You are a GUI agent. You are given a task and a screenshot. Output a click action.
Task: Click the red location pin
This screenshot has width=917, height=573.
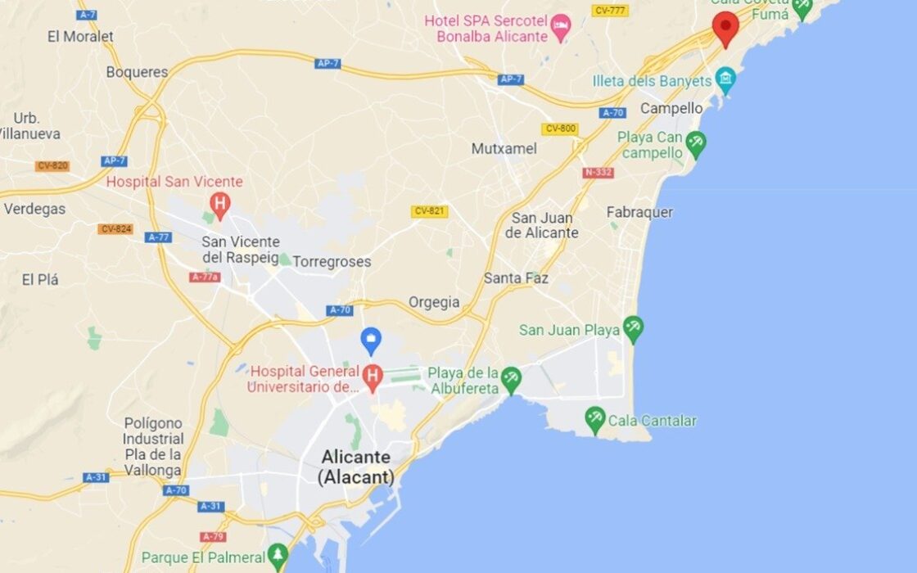(725, 26)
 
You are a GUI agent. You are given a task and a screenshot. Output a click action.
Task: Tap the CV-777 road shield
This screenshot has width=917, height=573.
(609, 11)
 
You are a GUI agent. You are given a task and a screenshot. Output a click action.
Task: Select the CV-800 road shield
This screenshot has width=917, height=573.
(559, 129)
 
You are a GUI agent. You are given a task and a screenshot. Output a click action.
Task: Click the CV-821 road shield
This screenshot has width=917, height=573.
(429, 211)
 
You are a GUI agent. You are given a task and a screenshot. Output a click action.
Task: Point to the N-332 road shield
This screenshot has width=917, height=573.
(598, 173)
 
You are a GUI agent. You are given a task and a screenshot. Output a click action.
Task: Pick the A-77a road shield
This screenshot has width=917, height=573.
(205, 277)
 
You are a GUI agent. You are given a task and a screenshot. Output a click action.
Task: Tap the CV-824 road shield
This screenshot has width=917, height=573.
(115, 229)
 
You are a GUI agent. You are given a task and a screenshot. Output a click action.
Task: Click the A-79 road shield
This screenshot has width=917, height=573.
(213, 537)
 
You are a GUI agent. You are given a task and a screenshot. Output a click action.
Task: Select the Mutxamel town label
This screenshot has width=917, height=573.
(504, 149)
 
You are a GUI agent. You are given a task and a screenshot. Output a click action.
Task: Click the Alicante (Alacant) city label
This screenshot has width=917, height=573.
(356, 467)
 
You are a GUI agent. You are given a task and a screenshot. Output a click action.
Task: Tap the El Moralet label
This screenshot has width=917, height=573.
(80, 37)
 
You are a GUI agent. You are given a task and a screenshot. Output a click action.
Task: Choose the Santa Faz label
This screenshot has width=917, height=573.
(516, 278)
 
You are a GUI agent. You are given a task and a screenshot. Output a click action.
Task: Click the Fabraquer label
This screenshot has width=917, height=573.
(639, 213)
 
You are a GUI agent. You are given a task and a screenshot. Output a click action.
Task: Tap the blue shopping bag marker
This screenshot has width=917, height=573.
(371, 339)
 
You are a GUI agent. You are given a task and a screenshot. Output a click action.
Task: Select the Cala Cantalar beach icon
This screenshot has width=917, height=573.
(595, 420)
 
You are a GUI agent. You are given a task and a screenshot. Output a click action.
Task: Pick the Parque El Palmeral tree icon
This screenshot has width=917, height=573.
(278, 557)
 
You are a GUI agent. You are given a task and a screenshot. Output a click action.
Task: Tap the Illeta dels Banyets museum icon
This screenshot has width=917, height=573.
(725, 79)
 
